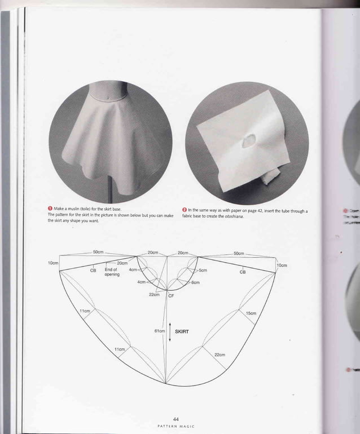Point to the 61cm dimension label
159,331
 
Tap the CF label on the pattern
171,295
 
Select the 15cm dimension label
251,313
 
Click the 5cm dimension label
203,271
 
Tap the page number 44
175,419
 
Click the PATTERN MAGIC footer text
176,426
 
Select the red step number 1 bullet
50,209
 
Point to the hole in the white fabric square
248,142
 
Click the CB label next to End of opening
93,271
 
